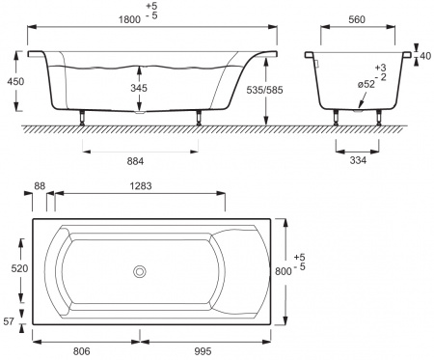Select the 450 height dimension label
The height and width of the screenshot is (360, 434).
14,84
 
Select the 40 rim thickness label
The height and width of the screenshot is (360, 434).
423,56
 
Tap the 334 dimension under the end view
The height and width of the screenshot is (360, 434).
357,162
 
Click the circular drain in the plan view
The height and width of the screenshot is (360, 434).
141,272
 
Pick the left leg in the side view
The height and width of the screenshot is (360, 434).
83,120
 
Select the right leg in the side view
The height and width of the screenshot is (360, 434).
199,120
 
